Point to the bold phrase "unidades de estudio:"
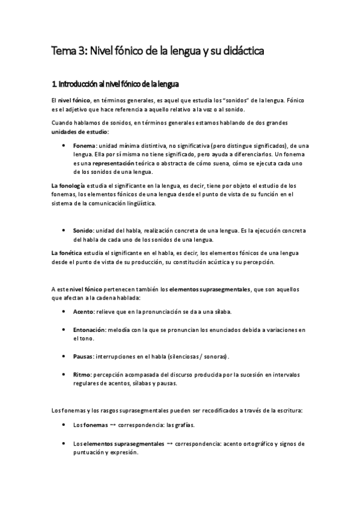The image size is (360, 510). point(81,131)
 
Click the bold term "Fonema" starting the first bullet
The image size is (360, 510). point(83,146)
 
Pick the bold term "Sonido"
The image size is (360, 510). point(82,231)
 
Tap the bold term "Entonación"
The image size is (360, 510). point(89,330)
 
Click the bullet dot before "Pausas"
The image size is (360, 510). point(64,356)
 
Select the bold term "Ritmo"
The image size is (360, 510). point(81,374)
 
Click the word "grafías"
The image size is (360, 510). point(183,425)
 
